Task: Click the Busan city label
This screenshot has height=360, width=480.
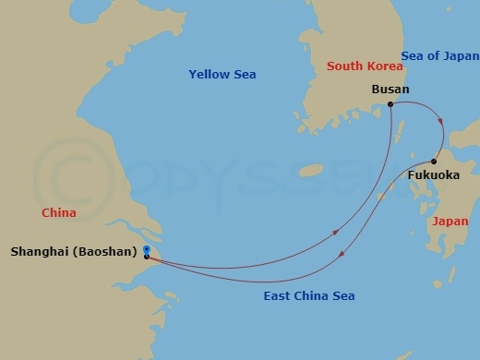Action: pyautogui.click(x=390, y=90)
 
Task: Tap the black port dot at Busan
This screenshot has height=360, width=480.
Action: pyautogui.click(x=391, y=104)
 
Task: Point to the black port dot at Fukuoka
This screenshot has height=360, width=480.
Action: pyautogui.click(x=434, y=162)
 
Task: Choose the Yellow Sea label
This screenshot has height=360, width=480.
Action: pyautogui.click(x=222, y=74)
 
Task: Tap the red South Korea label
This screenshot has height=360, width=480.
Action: pyautogui.click(x=365, y=66)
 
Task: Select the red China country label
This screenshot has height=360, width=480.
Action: pyautogui.click(x=58, y=213)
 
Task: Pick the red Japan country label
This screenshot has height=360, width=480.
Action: pyautogui.click(x=450, y=222)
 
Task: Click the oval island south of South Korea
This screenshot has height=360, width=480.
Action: pyautogui.click(x=311, y=170)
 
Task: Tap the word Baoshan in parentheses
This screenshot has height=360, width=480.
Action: pyautogui.click(x=111, y=250)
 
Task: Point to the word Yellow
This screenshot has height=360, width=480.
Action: pyautogui.click(x=209, y=74)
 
